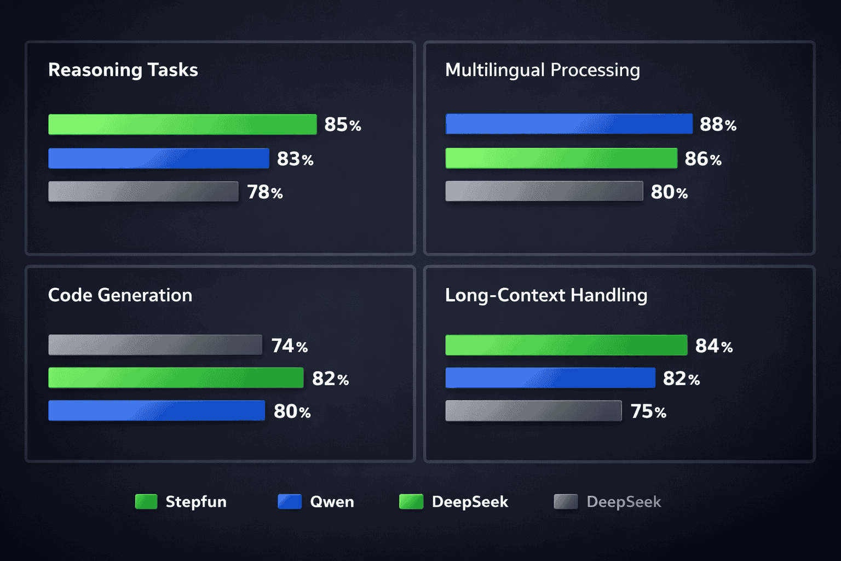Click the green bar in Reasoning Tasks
(182, 124)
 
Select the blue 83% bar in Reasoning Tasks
(159, 158)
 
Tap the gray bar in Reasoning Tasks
(143, 192)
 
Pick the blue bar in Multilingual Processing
(569, 124)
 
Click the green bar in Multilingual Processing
(561, 158)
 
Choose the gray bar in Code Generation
(155, 345)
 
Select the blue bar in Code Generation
(157, 411)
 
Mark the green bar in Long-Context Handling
(566, 345)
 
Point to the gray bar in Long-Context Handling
(533, 411)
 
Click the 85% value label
(342, 125)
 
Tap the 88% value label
(718, 125)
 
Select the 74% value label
(289, 346)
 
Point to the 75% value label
(648, 411)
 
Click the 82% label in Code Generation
(330, 379)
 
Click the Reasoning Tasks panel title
(123, 70)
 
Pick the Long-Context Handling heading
(546, 295)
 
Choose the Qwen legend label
(332, 502)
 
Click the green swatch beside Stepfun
(146, 502)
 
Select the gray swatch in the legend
(566, 502)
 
